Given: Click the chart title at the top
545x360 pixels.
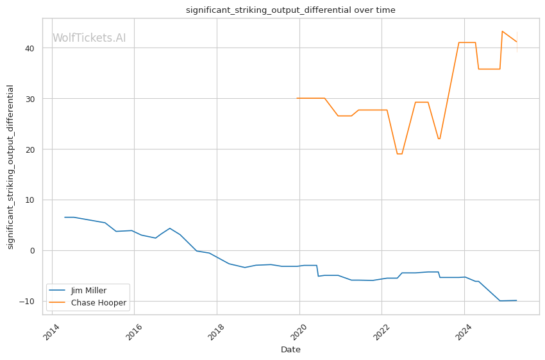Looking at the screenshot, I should pos(290,10).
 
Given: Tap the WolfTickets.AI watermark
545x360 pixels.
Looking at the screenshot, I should pos(89,39).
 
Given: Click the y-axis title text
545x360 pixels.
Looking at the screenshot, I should pos(10,167).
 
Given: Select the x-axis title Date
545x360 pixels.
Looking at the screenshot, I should pos(290,350).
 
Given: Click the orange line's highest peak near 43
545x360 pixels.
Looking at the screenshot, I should pos(503,31).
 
